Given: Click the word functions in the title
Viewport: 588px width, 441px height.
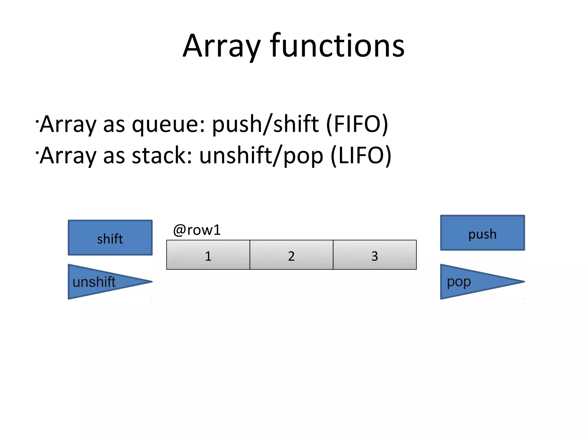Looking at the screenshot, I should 337,46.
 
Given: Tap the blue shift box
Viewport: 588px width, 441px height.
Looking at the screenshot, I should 110,238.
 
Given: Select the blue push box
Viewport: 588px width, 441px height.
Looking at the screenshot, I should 482,233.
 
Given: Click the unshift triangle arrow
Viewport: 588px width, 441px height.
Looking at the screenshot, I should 95,282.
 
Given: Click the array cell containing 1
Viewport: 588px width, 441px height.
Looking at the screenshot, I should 208,255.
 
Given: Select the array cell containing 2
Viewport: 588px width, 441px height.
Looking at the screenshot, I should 291,255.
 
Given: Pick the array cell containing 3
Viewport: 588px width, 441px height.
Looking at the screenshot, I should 375,255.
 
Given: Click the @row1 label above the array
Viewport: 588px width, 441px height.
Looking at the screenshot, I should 197,230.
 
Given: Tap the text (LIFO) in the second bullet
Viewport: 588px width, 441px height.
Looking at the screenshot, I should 361,156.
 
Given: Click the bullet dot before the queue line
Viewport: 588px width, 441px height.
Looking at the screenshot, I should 37,121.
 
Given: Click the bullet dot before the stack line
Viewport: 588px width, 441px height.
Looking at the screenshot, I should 37,153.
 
